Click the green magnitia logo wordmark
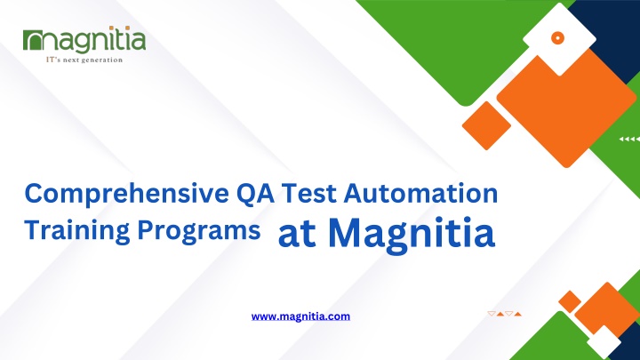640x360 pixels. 84,40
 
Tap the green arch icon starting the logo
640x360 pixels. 33,40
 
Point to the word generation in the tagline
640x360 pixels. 102,60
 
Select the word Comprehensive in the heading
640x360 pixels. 126,194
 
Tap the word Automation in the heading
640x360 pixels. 420,194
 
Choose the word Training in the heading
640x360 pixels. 77,231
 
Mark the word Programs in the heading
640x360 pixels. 199,231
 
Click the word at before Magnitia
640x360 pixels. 297,235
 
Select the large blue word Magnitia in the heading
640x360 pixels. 412,235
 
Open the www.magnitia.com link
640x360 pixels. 300,316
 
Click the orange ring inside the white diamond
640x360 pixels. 557,38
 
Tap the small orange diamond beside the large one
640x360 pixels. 486,125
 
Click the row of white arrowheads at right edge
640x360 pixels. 629,140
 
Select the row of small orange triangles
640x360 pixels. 505,314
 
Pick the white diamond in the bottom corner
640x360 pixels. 604,342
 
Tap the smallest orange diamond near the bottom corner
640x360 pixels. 570,301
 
